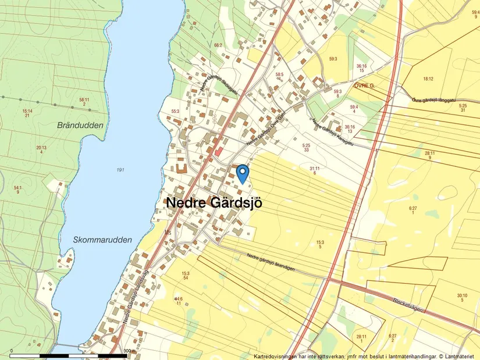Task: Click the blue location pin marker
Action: pos(242,173)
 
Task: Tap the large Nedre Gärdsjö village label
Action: pos(214,204)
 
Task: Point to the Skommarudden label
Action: pos(103,240)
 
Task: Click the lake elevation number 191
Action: pos(120,170)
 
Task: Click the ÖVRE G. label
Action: pos(364,85)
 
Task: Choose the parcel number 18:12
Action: pos(428,79)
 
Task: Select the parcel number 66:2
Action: pos(218,45)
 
